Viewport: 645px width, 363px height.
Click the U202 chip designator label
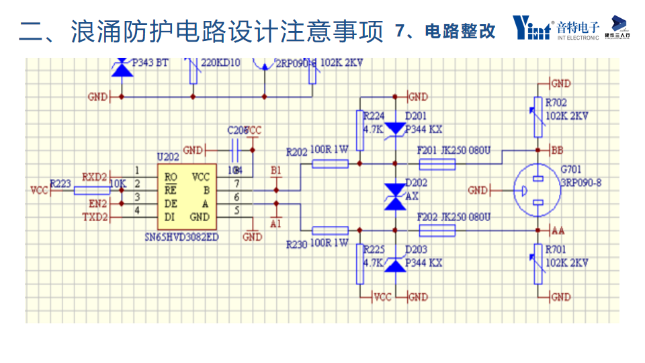tap(168, 157)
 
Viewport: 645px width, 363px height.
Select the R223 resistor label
tap(61, 183)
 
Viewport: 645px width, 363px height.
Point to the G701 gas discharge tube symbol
tap(537, 190)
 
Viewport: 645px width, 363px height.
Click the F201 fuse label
tap(427, 150)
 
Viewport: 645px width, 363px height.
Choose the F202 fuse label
tap(427, 218)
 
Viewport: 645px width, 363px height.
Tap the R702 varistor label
tap(556, 104)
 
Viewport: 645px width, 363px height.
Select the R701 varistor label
tap(556, 251)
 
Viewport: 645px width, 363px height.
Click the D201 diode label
tap(417, 116)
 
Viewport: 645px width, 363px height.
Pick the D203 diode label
tap(417, 250)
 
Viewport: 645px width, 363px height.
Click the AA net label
tap(557, 231)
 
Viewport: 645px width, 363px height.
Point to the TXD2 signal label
tap(95, 216)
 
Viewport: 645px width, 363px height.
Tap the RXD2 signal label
tap(95, 177)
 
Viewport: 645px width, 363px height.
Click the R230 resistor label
tap(297, 244)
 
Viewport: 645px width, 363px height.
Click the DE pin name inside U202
tap(171, 204)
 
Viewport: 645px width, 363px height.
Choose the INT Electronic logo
tap(556, 28)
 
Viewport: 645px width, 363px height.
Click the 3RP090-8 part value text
tap(580, 181)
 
